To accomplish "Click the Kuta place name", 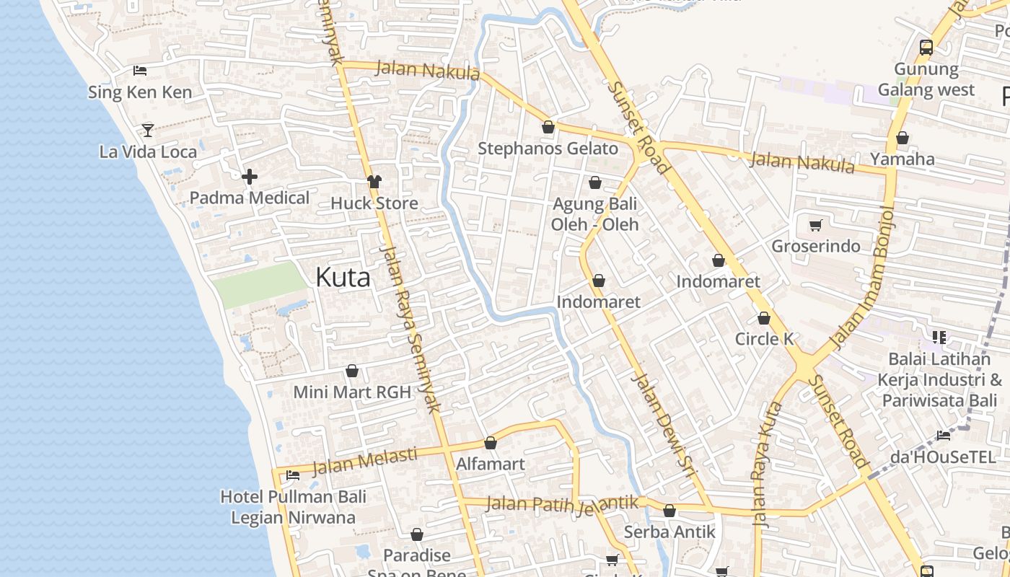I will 343,278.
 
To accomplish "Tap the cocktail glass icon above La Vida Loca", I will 148,130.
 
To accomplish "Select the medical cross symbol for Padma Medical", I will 250,176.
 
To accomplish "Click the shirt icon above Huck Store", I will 374,182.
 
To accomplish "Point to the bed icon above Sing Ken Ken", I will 140,71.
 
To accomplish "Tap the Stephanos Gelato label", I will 548,149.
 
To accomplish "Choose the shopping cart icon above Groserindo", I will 816,226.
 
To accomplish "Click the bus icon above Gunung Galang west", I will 926,48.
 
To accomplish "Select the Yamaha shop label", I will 903,159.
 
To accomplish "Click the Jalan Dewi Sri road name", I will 662,426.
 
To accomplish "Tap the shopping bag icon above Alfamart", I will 491,443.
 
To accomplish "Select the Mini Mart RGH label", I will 352,392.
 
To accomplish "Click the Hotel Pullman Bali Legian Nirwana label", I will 293,507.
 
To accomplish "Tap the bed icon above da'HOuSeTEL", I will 943,435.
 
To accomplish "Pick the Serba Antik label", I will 669,532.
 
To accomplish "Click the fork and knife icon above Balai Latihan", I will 939,337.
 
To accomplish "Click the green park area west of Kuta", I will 260,285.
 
